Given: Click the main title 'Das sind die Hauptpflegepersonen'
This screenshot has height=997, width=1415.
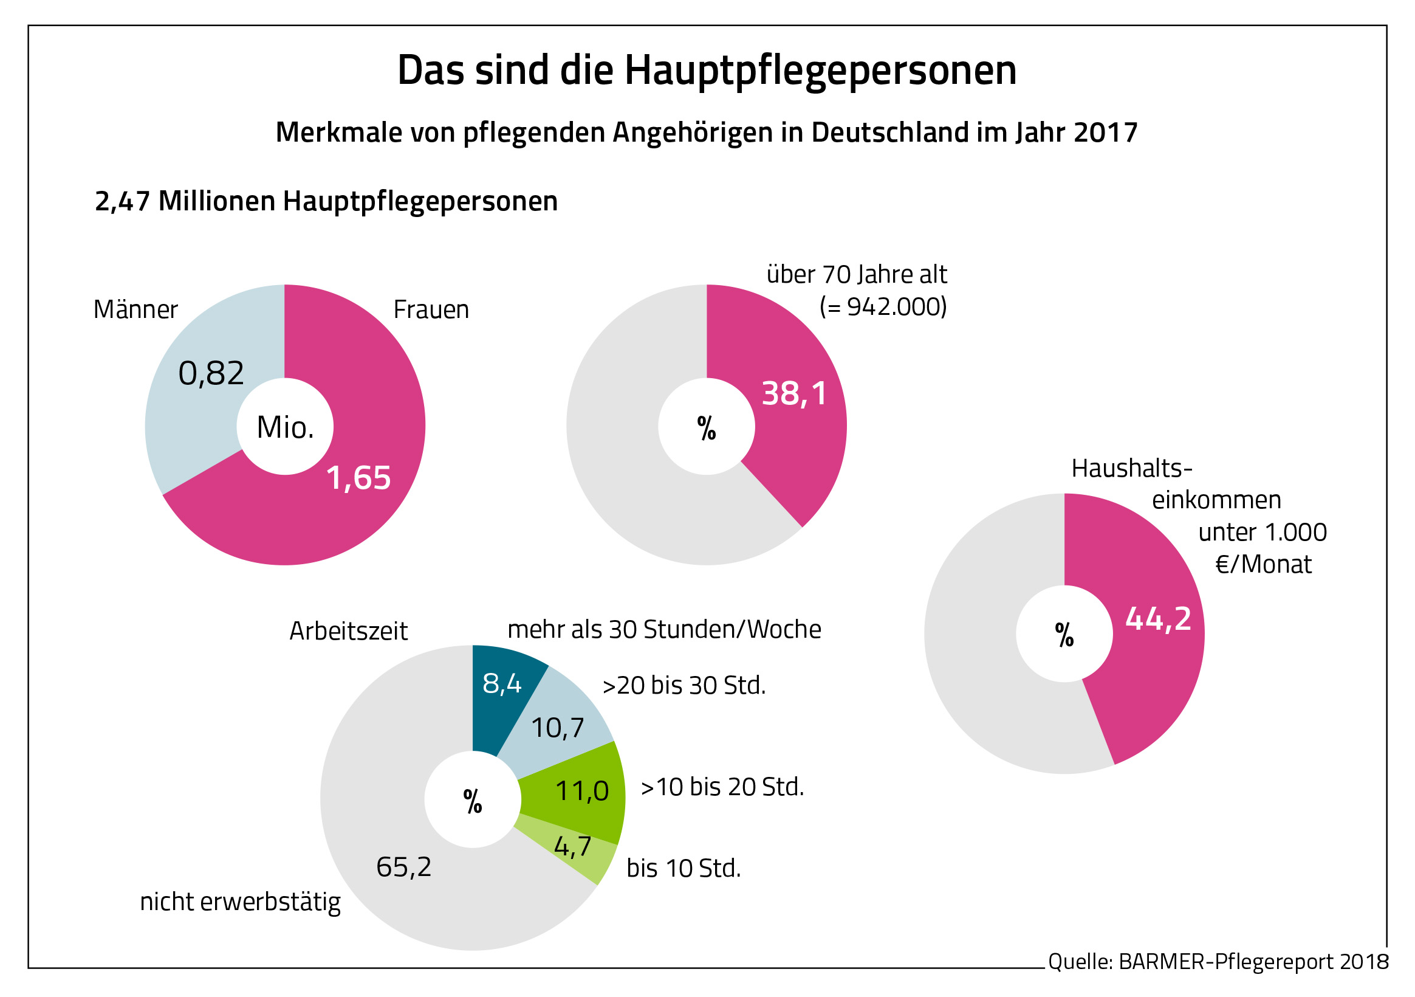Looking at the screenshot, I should pyautogui.click(x=706, y=71).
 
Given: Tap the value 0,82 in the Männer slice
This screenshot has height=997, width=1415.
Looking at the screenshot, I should pyautogui.click(x=211, y=374).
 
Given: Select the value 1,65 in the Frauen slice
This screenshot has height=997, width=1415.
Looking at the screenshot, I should pyautogui.click(x=358, y=478).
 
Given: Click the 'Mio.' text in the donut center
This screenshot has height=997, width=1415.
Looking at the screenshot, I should pyautogui.click(x=286, y=427).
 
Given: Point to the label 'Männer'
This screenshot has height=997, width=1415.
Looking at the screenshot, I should pyautogui.click(x=135, y=309).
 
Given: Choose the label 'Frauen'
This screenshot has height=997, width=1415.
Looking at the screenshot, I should pyautogui.click(x=431, y=309).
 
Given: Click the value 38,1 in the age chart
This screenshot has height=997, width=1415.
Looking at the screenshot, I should pyautogui.click(x=795, y=393).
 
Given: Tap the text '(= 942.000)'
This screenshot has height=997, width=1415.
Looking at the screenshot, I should pyautogui.click(x=883, y=306).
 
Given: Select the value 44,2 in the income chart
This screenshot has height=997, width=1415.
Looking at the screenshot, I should pyautogui.click(x=1158, y=618).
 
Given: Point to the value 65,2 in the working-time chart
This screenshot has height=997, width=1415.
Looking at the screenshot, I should pyautogui.click(x=403, y=868).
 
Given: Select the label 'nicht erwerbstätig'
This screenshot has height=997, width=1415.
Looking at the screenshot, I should pyautogui.click(x=241, y=902).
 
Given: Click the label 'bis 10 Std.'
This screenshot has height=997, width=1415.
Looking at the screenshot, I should pyautogui.click(x=684, y=869).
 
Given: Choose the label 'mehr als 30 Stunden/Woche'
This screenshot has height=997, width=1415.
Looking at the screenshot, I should pyautogui.click(x=663, y=630).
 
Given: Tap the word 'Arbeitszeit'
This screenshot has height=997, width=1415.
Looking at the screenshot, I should pyautogui.click(x=348, y=632).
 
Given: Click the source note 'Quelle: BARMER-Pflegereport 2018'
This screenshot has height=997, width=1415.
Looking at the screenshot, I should pyautogui.click(x=1218, y=962).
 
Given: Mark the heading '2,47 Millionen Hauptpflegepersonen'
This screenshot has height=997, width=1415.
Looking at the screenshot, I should pyautogui.click(x=326, y=202).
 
